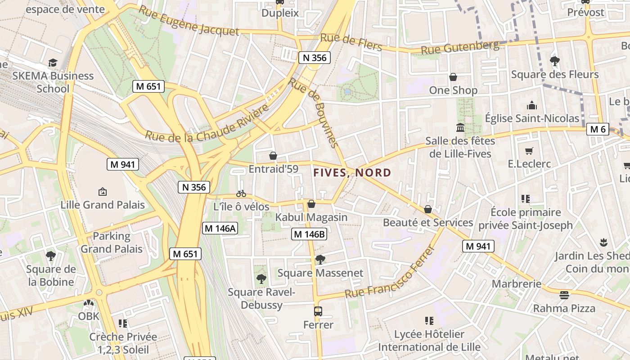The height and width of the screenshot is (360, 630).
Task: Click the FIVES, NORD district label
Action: tap(352, 172)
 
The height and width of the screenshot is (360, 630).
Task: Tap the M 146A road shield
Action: tap(220, 228)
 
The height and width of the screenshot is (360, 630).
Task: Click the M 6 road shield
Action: tap(598, 130)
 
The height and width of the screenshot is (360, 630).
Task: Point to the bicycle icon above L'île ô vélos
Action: tap(241, 193)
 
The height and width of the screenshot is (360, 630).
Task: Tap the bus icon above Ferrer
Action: tap(318, 311)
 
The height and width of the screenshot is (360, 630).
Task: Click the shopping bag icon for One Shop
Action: tap(453, 77)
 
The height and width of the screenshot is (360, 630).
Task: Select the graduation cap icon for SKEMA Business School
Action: tap(53, 62)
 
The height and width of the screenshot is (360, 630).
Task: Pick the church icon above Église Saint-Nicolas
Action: tap(532, 105)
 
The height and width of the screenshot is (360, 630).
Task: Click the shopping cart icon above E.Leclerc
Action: tap(529, 151)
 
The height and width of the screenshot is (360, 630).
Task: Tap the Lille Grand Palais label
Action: tap(103, 205)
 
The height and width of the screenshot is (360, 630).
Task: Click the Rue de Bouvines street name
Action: tap(313, 112)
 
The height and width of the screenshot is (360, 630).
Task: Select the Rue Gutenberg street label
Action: tap(460, 47)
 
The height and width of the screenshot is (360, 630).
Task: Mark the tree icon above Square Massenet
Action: tap(320, 259)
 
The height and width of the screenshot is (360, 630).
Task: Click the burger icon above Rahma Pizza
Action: tap(564, 295)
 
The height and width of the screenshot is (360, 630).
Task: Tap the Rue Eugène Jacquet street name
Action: tap(189, 21)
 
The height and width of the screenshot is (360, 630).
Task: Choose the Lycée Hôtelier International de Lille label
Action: tap(429, 341)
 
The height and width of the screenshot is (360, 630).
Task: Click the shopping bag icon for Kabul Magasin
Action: tap(311, 204)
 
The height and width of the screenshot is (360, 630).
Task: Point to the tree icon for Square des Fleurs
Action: tap(554, 61)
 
